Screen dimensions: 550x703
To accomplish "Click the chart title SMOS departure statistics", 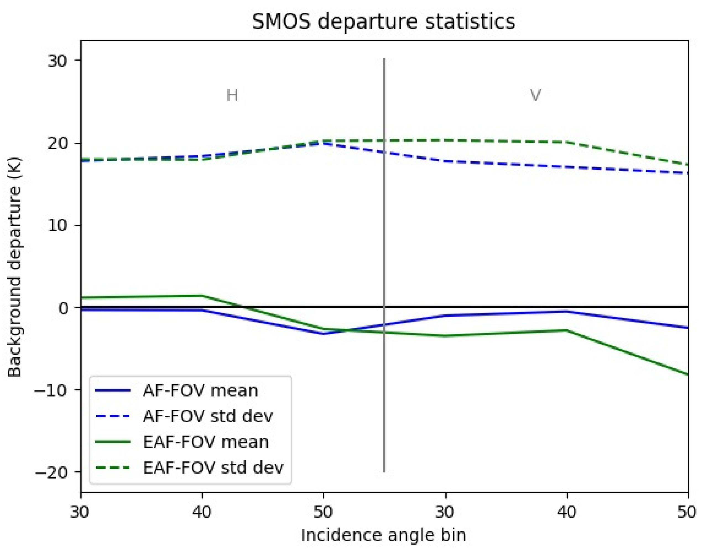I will (x=384, y=22).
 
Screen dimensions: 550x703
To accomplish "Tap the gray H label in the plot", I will (x=232, y=96).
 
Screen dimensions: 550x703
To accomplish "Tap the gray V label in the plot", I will (x=535, y=96).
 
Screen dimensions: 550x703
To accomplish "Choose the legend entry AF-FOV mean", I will (x=200, y=391).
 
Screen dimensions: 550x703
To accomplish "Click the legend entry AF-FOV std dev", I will (x=208, y=416).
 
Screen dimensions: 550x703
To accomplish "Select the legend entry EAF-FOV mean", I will (x=205, y=442).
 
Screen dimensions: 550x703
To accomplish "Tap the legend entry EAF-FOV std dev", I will (x=213, y=468).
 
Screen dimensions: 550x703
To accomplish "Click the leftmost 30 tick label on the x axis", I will (x=80, y=512).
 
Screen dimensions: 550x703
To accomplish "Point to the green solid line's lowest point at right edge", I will (x=687, y=374).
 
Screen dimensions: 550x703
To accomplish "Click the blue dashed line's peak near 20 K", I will (x=323, y=143).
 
